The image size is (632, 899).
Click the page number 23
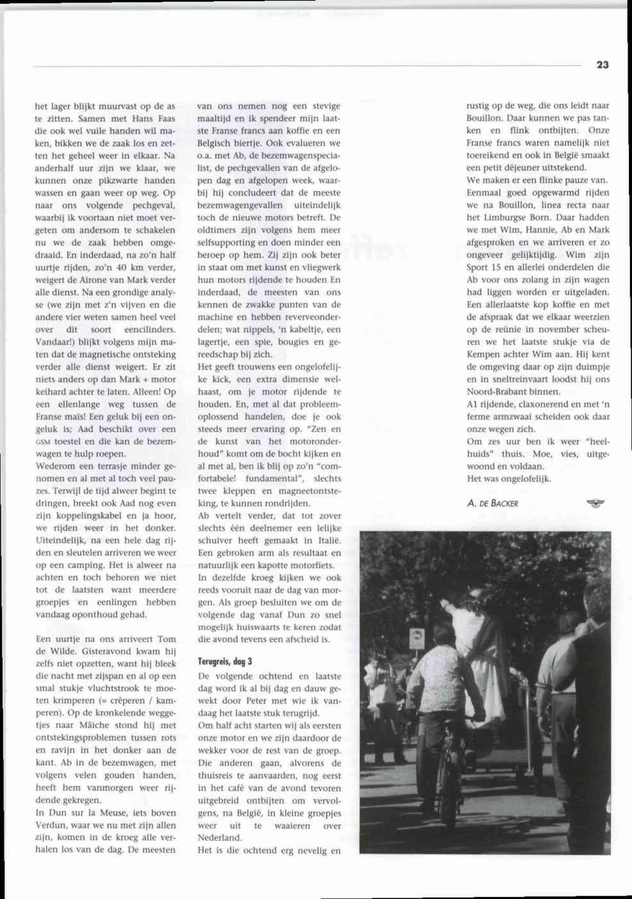(602, 65)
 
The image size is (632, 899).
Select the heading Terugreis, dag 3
(225, 660)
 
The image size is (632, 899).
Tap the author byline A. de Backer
(492, 503)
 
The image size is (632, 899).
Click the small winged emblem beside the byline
(595, 503)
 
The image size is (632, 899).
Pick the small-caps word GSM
(44, 442)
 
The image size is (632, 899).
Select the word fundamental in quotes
(270, 478)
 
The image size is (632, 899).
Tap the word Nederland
(219, 837)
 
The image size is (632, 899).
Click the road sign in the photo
(416, 639)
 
